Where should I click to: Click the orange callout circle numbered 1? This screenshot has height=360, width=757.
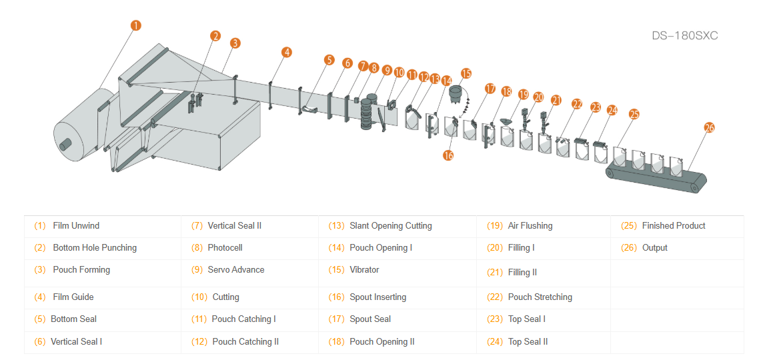(135, 26)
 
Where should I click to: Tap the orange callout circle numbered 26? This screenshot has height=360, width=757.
(710, 127)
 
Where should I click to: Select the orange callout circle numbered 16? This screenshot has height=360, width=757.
(448, 155)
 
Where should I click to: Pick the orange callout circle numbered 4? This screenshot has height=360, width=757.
(287, 52)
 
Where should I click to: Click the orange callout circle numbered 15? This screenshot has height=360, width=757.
(466, 73)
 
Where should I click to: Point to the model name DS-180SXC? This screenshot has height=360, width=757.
(684, 35)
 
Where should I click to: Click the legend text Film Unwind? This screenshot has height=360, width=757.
(76, 225)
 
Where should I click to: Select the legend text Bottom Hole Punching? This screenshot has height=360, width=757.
(95, 247)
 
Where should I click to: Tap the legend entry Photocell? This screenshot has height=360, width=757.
(225, 247)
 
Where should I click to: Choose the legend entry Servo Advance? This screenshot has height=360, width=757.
(236, 269)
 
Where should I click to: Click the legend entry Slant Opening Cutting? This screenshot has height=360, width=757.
(390, 225)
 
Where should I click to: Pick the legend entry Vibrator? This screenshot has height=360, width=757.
(364, 269)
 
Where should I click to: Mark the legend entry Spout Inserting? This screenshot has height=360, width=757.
(377, 297)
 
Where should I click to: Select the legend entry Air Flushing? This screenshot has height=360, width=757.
(530, 225)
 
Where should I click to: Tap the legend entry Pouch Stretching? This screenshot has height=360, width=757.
(540, 297)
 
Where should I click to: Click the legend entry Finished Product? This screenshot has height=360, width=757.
(673, 225)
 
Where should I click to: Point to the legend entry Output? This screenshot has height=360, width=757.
(654, 247)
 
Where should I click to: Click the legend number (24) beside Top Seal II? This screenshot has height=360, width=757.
(495, 341)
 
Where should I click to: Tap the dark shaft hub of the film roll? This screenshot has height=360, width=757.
(65, 143)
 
